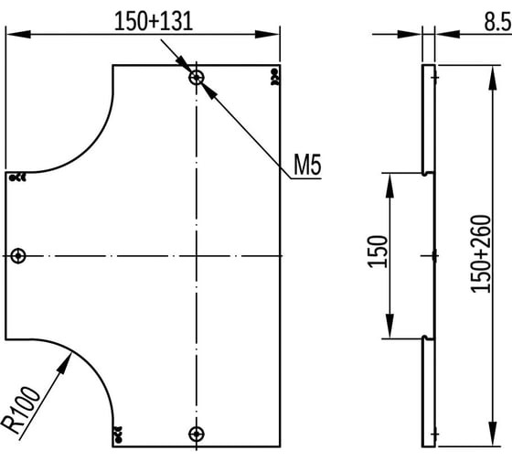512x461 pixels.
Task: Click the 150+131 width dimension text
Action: (154, 22)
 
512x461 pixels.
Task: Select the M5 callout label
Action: (307, 165)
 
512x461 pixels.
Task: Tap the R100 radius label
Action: (21, 410)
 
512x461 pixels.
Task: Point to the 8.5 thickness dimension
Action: (498, 22)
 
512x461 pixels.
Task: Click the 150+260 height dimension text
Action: (480, 254)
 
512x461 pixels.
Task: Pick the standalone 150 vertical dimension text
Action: (377, 252)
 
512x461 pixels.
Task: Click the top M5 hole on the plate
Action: (197, 78)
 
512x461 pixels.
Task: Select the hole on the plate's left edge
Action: (18, 255)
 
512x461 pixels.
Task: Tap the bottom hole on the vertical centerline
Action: (197, 434)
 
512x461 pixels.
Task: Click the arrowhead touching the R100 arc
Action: (65, 363)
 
